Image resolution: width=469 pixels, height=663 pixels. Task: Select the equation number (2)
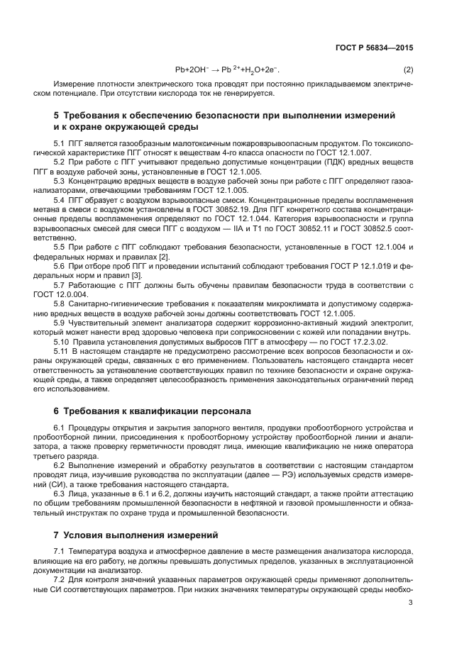408,70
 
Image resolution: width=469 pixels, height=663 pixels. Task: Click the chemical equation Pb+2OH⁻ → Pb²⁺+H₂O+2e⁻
227,70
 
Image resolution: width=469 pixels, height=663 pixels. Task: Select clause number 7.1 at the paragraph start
60,551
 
